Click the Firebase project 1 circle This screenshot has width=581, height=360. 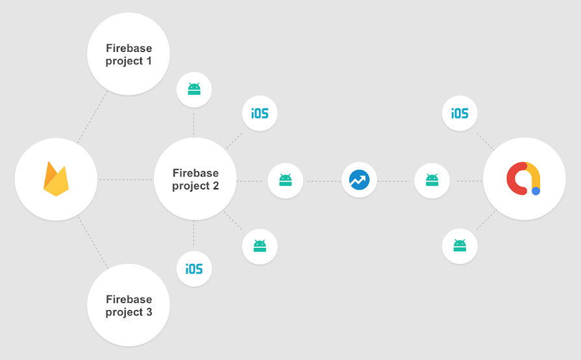128,54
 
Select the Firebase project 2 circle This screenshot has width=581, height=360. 195,179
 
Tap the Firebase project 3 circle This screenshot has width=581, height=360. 128,305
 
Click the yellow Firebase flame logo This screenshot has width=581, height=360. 56,179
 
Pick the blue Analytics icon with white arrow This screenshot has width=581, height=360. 359,180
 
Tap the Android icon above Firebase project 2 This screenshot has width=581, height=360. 194,90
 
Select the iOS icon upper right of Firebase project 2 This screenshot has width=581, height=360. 260,114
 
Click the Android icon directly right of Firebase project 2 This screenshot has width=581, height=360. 285,180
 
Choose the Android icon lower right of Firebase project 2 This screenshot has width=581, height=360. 260,246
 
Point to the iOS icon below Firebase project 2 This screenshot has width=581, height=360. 194,269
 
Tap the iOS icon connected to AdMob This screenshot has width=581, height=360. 460,114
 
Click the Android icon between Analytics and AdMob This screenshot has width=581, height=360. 432,180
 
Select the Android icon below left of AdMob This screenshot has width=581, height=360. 460,246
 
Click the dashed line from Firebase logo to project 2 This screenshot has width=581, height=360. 125,180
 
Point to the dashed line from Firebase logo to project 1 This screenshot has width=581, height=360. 92,117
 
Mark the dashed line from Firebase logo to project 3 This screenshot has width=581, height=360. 93,242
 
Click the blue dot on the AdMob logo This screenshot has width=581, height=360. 536,191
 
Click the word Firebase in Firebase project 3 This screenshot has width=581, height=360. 129,299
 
